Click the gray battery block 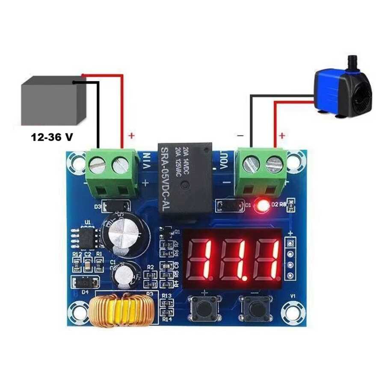(x=51, y=101)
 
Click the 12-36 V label (x=51, y=138)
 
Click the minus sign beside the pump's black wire (x=240, y=136)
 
